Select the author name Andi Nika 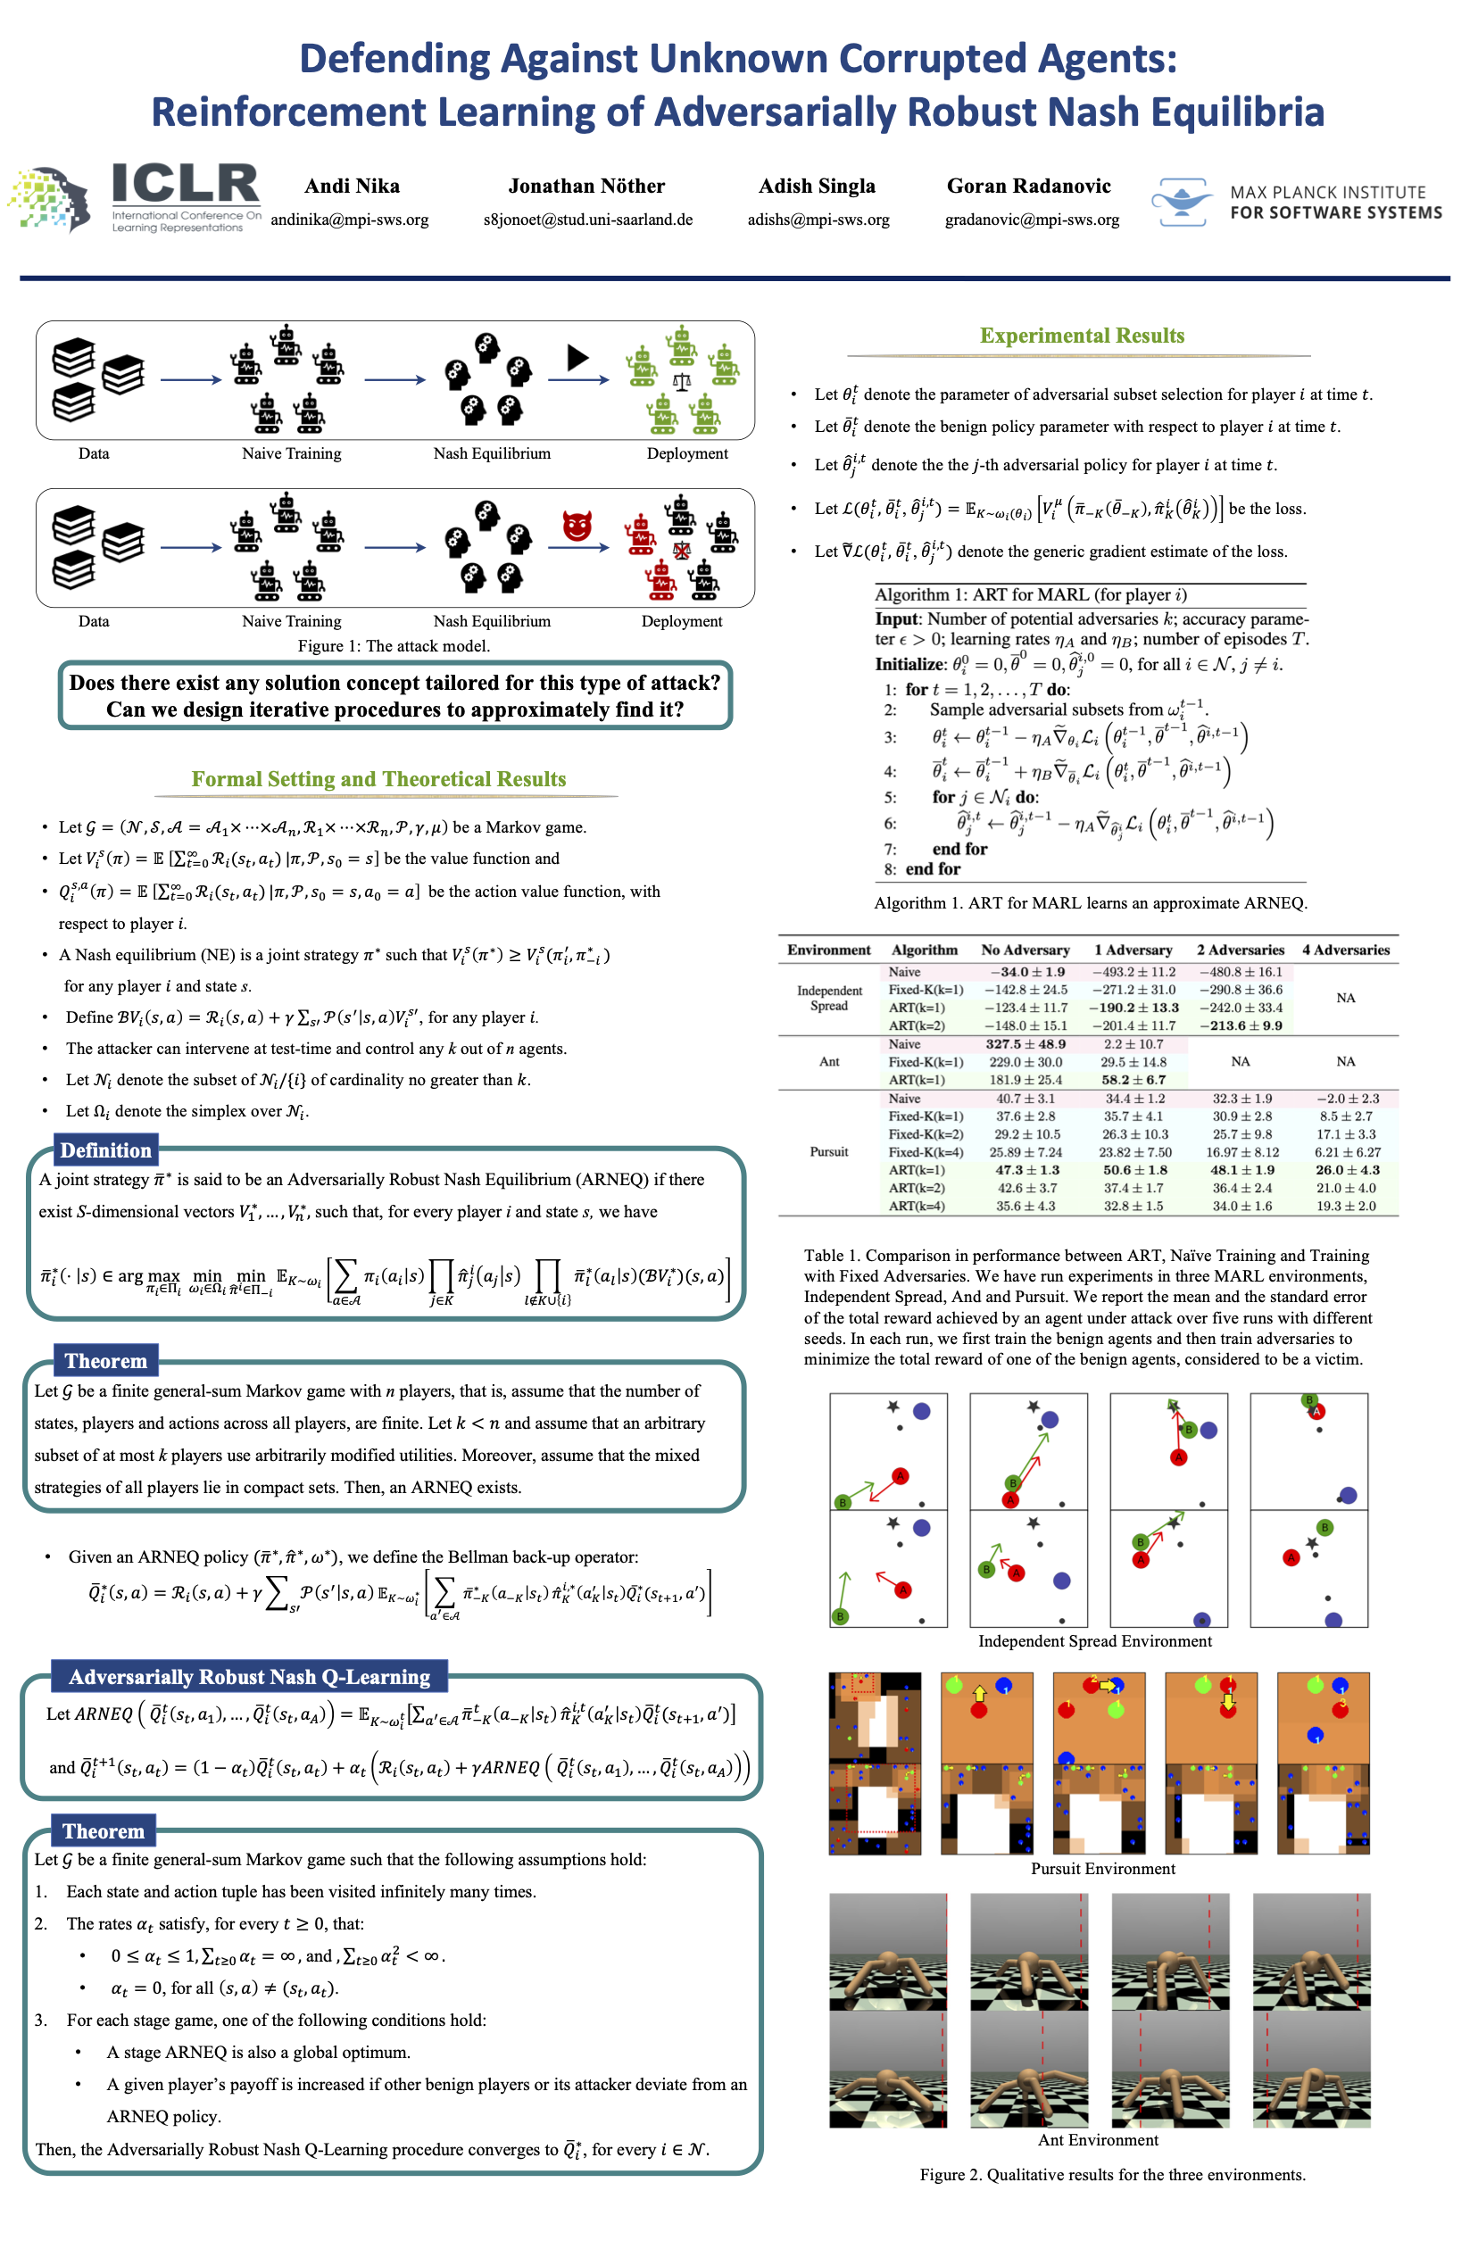pyautogui.click(x=352, y=187)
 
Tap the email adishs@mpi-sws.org pyautogui.click(x=818, y=220)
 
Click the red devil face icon pyautogui.click(x=577, y=525)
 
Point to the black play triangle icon pyautogui.click(x=577, y=357)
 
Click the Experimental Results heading pyautogui.click(x=1081, y=336)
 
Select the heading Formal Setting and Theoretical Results pyautogui.click(x=378, y=778)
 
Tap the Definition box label pyautogui.click(x=106, y=1150)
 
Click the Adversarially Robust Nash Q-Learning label pyautogui.click(x=250, y=1676)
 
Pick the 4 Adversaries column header pyautogui.click(x=1346, y=950)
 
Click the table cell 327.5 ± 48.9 pyautogui.click(x=1025, y=1044)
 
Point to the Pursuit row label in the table pyautogui.click(x=829, y=1152)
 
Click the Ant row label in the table pyautogui.click(x=829, y=1062)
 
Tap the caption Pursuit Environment pyautogui.click(x=1103, y=1868)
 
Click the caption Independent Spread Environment pyautogui.click(x=1094, y=1641)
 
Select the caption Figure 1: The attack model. pyautogui.click(x=393, y=646)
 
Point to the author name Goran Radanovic pyautogui.click(x=1028, y=187)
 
